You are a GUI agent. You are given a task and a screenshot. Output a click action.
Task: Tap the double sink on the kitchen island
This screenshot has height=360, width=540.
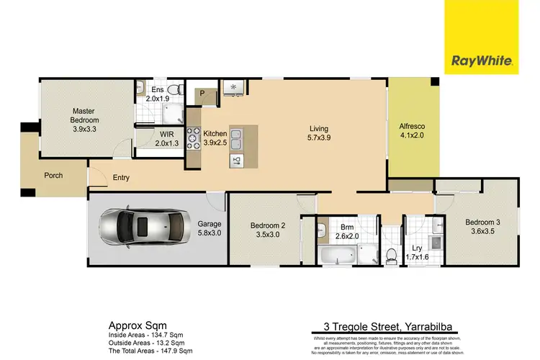238,135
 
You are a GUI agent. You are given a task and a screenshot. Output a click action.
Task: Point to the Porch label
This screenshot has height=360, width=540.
53,175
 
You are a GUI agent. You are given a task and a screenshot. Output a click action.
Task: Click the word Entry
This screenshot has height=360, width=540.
120,179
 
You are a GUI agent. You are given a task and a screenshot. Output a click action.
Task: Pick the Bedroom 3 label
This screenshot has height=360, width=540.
482,227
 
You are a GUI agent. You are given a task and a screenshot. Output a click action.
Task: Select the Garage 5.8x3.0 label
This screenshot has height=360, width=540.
210,229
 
